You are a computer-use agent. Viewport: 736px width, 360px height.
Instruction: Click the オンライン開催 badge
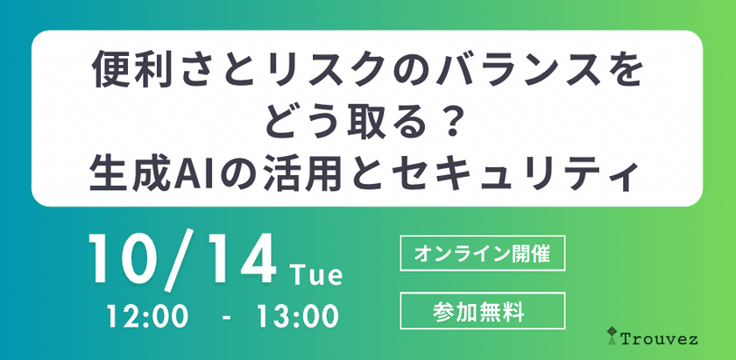(481, 254)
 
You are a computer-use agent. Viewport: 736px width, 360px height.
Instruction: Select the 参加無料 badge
(481, 309)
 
